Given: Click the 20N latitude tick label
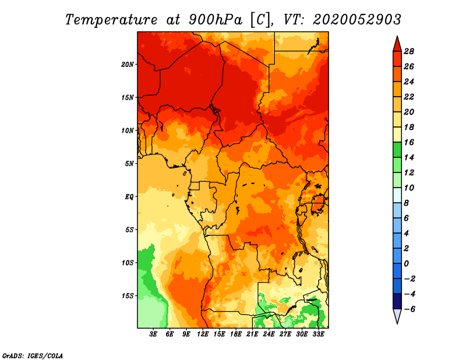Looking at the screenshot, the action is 128,65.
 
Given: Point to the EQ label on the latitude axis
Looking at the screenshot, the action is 129,197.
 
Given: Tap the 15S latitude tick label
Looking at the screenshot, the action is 128,296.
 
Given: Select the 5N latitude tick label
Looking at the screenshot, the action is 129,164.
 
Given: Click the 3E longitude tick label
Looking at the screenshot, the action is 153,334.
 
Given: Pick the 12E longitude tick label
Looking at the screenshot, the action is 202,334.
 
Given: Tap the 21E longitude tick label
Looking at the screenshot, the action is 252,334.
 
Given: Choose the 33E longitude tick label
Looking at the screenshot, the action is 318,334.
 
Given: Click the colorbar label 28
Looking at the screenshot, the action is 409,51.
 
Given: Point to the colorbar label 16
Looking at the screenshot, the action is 409,142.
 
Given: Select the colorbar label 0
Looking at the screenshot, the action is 406,264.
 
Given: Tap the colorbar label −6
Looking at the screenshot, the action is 409,309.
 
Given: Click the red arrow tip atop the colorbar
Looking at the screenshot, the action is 397,37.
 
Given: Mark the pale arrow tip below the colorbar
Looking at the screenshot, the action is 397,323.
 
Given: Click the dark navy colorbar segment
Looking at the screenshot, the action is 397,301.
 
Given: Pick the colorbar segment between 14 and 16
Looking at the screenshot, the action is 397,150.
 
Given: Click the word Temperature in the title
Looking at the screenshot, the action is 111,20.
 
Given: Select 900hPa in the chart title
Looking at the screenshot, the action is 216,20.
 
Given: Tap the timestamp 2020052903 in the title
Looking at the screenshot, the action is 357,20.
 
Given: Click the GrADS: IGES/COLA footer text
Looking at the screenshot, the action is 33,356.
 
